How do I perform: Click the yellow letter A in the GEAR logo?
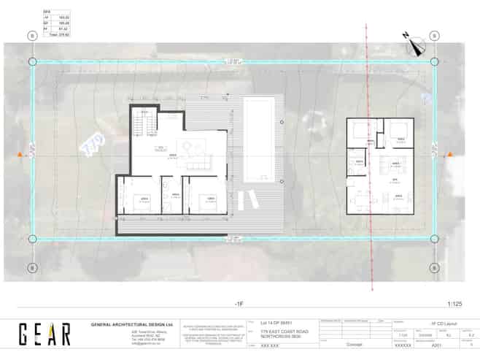(46, 334)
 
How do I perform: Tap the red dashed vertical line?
(366, 183)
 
